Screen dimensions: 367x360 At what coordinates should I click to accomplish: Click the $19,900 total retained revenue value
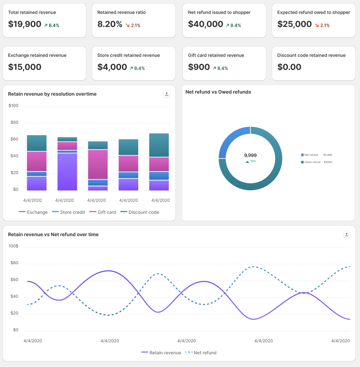click(24, 24)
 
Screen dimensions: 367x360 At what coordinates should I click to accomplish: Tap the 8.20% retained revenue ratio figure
click(110, 24)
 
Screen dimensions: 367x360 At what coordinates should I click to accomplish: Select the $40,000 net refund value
click(206, 24)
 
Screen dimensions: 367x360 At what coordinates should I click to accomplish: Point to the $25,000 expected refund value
click(294, 24)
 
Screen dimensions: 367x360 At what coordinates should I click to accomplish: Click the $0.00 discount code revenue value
click(289, 67)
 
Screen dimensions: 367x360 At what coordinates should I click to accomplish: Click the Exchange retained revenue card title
click(37, 56)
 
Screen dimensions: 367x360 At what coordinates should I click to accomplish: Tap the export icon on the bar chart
click(166, 94)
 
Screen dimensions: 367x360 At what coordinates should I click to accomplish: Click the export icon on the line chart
click(346, 234)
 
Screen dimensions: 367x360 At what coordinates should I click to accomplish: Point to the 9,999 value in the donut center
click(250, 155)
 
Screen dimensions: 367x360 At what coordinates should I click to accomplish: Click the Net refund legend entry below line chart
click(201, 353)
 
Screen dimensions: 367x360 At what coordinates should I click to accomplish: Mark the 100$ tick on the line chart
click(13, 246)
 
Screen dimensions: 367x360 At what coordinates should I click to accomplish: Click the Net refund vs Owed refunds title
click(218, 92)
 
